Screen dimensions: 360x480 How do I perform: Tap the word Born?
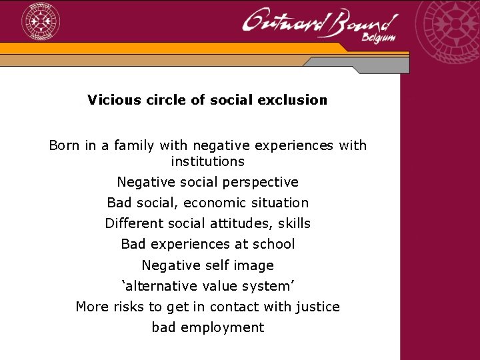pos(65,145)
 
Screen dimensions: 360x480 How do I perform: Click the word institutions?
pos(207,161)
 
